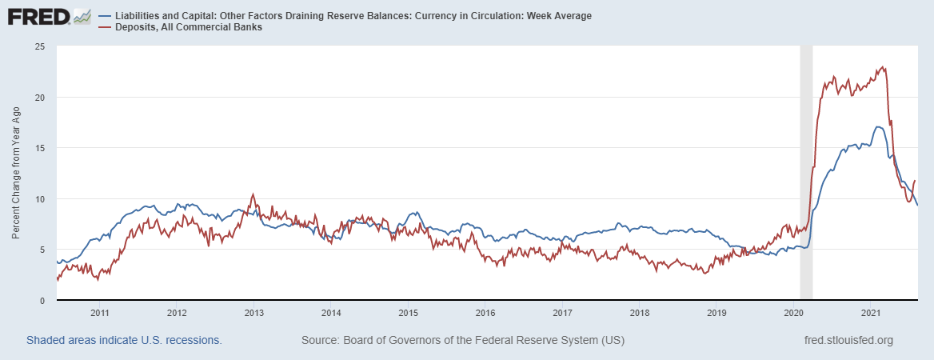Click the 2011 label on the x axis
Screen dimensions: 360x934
(99, 312)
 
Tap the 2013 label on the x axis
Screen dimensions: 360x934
(253, 312)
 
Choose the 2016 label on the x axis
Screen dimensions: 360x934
(485, 312)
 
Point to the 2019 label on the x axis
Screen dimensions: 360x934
(716, 312)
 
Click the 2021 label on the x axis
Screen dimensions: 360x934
(871, 312)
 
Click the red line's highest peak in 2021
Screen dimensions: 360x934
(882, 67)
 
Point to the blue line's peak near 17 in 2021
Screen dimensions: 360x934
(877, 127)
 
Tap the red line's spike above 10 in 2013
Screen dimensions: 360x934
(253, 194)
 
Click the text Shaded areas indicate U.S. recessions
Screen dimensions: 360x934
(124, 340)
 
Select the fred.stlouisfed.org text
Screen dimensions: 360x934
(848, 340)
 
